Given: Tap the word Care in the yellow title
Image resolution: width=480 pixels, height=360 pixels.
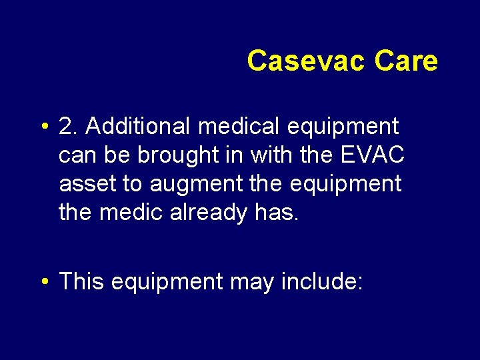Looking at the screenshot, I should (x=406, y=61).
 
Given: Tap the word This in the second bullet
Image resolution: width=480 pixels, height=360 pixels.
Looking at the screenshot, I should (x=81, y=281).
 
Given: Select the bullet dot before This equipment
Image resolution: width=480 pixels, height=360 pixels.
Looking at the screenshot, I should (x=43, y=283).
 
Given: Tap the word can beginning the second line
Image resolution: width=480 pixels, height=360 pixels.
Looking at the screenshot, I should (x=77, y=155).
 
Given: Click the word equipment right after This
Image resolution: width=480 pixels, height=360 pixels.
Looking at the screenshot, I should (x=167, y=283).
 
